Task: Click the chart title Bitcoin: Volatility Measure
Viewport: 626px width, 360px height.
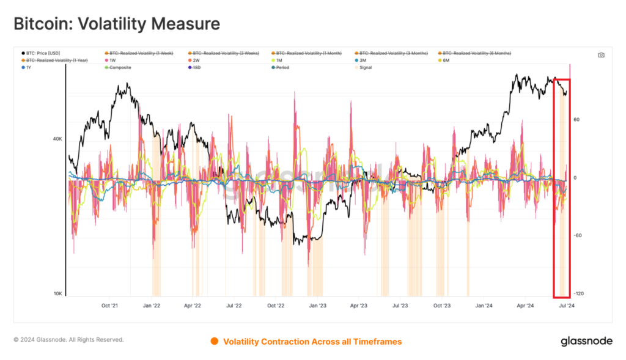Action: click(x=116, y=24)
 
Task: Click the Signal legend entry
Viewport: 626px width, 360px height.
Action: click(x=366, y=67)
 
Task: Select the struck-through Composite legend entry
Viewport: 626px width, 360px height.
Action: click(x=121, y=67)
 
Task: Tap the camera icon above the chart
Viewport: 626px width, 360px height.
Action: click(x=601, y=55)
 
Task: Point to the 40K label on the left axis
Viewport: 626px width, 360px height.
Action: click(x=57, y=139)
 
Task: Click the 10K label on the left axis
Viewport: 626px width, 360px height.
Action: click(x=57, y=294)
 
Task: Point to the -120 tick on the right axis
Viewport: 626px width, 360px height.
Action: click(x=578, y=294)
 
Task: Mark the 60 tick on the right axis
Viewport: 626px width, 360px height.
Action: click(x=576, y=120)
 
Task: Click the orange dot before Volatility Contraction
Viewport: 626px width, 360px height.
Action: click(x=214, y=341)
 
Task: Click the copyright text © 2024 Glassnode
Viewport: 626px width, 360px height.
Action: click(x=68, y=340)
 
